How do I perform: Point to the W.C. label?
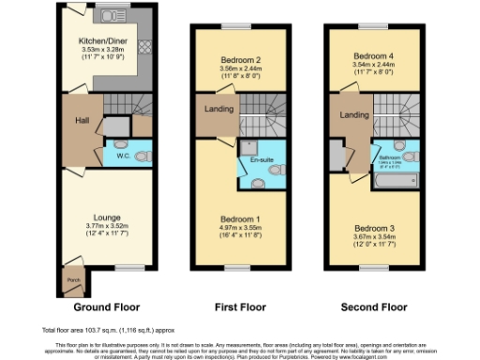123,156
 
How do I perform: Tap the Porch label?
73,278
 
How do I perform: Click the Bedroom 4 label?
373,55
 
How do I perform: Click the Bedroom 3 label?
373,227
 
